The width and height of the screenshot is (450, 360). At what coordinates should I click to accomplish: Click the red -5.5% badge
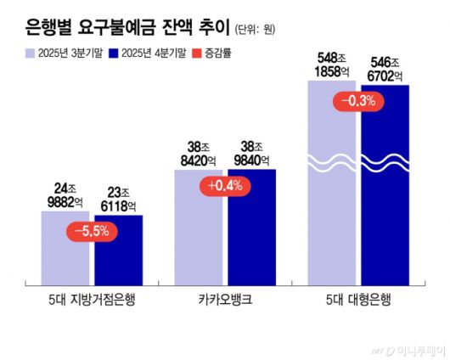tap(92, 231)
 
